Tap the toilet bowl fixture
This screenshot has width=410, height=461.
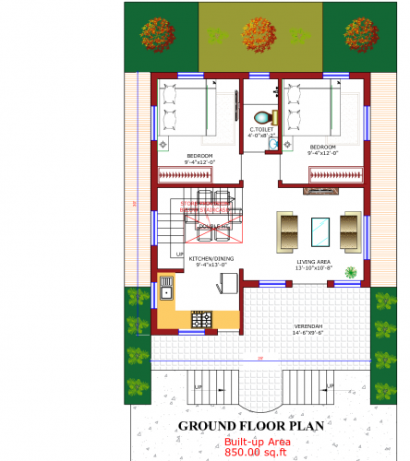pyautogui.click(x=264, y=117)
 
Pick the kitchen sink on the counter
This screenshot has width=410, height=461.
pyautogui.click(x=167, y=293)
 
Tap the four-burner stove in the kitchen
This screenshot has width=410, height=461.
pyautogui.click(x=201, y=319)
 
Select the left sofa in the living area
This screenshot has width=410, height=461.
pyautogui.click(x=288, y=230)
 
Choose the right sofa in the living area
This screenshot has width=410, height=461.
pyautogui.click(x=351, y=230)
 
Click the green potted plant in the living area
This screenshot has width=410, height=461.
pyautogui.click(x=351, y=272)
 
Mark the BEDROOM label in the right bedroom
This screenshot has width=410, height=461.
pyautogui.click(x=323, y=148)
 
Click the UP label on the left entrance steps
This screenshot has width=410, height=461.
pyautogui.click(x=197, y=386)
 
